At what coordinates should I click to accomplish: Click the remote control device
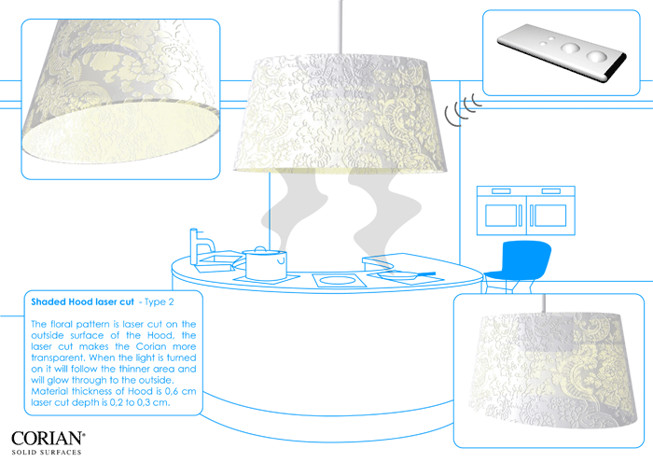click(x=562, y=52)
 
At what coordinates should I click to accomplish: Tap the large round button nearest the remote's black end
click(x=597, y=56)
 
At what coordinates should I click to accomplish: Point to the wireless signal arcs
click(x=463, y=108)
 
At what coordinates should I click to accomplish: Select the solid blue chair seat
click(x=520, y=261)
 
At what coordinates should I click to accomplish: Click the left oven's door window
click(x=501, y=215)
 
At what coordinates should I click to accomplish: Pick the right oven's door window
click(x=550, y=216)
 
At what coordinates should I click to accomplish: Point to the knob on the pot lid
click(x=260, y=248)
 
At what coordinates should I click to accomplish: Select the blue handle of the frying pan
click(x=424, y=274)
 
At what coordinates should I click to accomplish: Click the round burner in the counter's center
click(x=339, y=279)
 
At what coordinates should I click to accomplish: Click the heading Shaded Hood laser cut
click(x=82, y=302)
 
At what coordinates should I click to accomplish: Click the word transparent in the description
click(x=58, y=357)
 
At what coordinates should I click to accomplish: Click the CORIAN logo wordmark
click(x=48, y=439)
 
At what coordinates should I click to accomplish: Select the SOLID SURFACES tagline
click(x=47, y=452)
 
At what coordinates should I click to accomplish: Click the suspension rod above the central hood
click(x=341, y=27)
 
